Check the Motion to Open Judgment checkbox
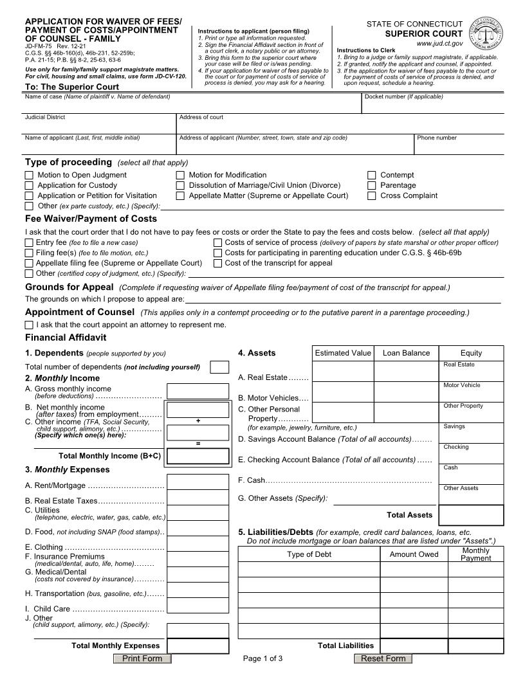pos(29,175)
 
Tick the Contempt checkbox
pos(372,175)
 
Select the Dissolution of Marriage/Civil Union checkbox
pos(180,185)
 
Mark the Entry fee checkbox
pos(29,242)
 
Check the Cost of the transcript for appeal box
pos(217,263)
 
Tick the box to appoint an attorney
pos(29,325)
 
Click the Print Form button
pos(142,658)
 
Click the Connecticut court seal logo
pos(486,32)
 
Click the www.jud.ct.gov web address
pos(439,44)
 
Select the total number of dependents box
pos(219,367)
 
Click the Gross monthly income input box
pos(198,391)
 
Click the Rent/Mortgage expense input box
pos(198,482)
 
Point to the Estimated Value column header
pos(342,353)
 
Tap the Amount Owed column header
pos(414,554)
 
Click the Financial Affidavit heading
pos(66,338)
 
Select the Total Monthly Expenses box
pos(198,646)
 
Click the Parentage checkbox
pos(372,185)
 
